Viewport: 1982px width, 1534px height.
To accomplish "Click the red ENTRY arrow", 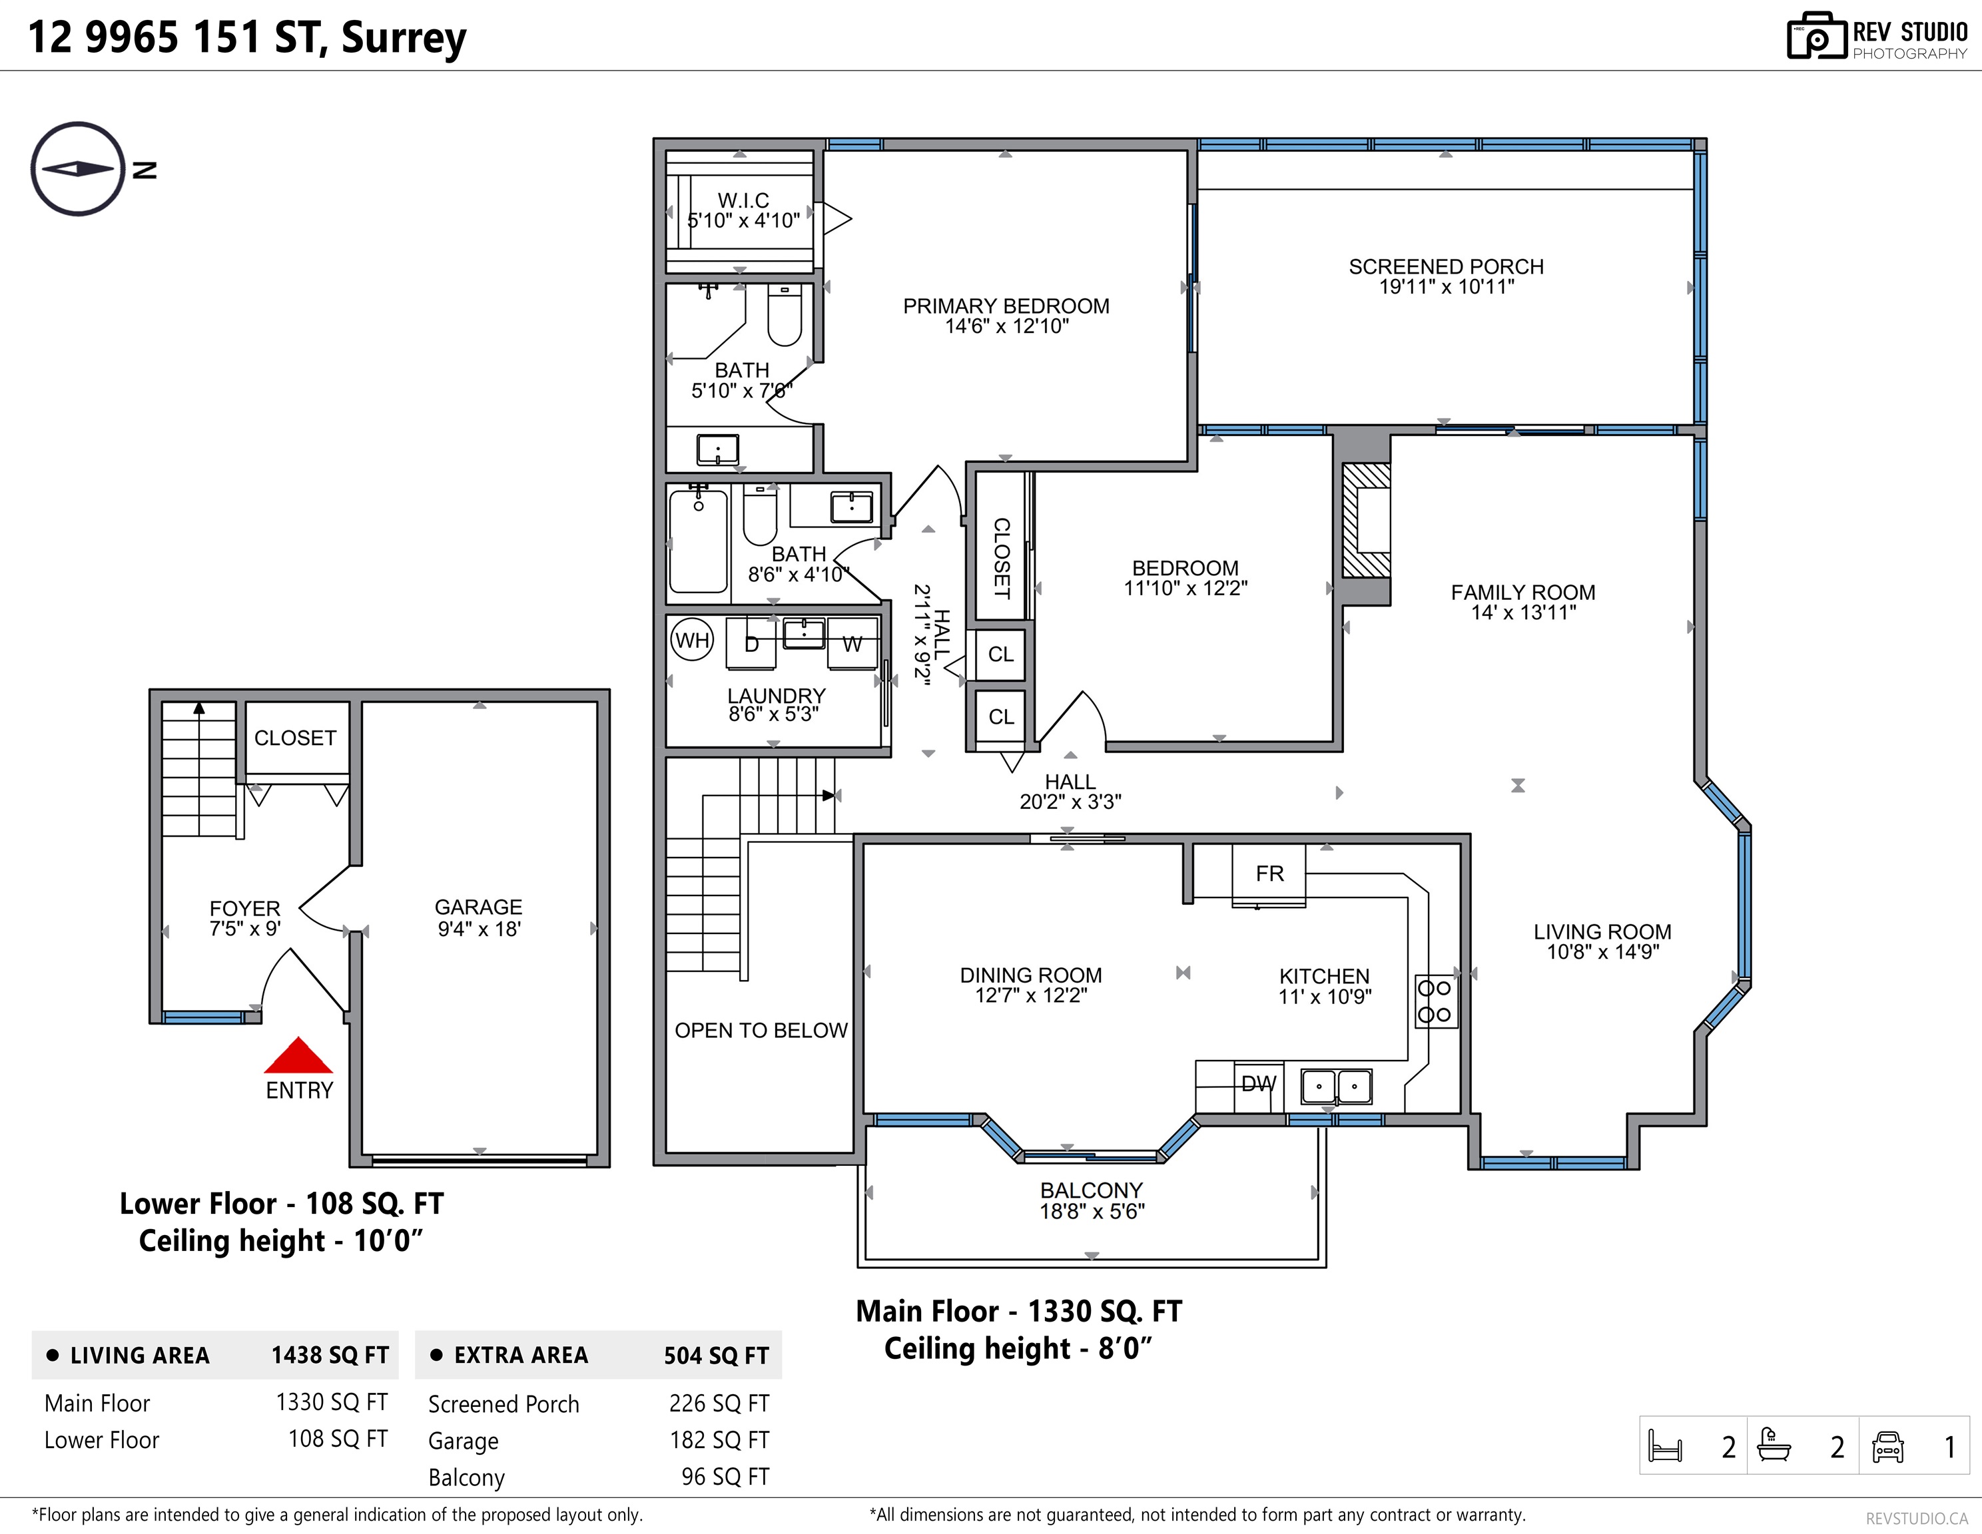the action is [x=298, y=1055].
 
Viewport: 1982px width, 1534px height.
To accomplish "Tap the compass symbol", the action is [x=78, y=168].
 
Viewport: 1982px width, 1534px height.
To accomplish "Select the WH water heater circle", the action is [x=693, y=640].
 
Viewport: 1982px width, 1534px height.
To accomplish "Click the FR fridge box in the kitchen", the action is [x=1269, y=874].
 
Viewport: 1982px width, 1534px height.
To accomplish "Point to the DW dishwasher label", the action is [x=1258, y=1083].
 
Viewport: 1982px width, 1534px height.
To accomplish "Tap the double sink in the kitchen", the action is [x=1337, y=1086].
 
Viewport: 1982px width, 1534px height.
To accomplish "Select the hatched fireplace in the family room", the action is [x=1366, y=521].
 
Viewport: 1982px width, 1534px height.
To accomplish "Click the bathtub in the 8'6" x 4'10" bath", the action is [x=699, y=541].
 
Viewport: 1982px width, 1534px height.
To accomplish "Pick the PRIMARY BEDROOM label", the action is [x=1006, y=307].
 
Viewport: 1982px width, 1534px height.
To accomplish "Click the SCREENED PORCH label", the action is [x=1446, y=267].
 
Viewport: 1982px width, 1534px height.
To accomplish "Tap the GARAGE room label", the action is [x=478, y=907].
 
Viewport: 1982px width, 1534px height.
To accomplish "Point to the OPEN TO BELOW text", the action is [x=761, y=1031].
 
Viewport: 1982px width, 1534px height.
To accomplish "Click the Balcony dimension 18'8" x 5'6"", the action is [x=1092, y=1211].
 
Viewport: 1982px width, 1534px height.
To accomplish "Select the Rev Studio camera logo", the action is [x=1817, y=37].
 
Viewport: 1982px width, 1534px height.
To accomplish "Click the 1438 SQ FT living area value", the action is [x=330, y=1356].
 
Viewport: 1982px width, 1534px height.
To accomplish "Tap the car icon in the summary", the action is [x=1887, y=1447].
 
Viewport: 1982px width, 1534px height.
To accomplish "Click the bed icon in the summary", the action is [x=1665, y=1447].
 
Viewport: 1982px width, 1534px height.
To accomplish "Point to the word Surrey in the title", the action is [x=404, y=38].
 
